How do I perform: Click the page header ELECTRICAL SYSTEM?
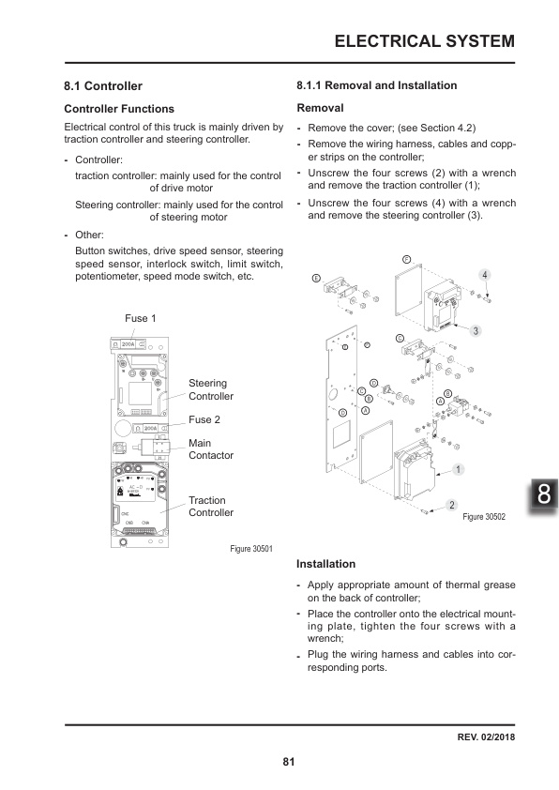pyautogui.click(x=424, y=41)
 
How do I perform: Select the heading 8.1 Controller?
pyautogui.click(x=102, y=85)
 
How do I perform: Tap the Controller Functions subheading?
pyautogui.click(x=118, y=109)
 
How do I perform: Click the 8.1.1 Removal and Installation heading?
pyautogui.click(x=376, y=85)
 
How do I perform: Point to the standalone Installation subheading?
pyautogui.click(x=325, y=564)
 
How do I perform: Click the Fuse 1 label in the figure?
pyautogui.click(x=140, y=319)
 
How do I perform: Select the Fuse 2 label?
pyautogui.click(x=204, y=419)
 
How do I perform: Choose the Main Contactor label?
pyautogui.click(x=210, y=448)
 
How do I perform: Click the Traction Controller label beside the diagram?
pyautogui.click(x=210, y=507)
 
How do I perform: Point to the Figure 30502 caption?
pyautogui.click(x=484, y=516)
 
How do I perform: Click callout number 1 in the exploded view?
pyautogui.click(x=459, y=468)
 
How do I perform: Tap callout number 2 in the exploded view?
pyautogui.click(x=452, y=506)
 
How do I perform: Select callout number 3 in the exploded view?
pyautogui.click(x=476, y=331)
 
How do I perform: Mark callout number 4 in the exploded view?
pyautogui.click(x=484, y=275)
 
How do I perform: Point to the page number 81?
pyautogui.click(x=289, y=761)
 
